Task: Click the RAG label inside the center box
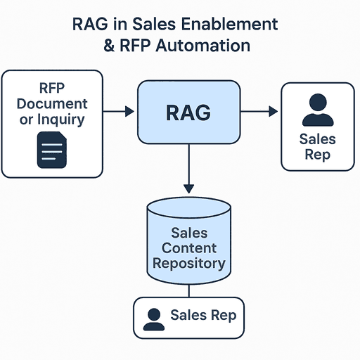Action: [x=188, y=112]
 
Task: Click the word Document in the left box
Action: [x=52, y=103]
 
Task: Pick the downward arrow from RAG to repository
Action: [x=188, y=169]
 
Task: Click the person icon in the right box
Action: [x=317, y=110]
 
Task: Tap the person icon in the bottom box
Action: [x=153, y=319]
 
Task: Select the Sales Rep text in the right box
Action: [x=317, y=146]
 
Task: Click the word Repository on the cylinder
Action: [x=188, y=264]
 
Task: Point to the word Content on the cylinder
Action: [x=188, y=248]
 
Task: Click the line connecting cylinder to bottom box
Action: [x=188, y=290]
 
